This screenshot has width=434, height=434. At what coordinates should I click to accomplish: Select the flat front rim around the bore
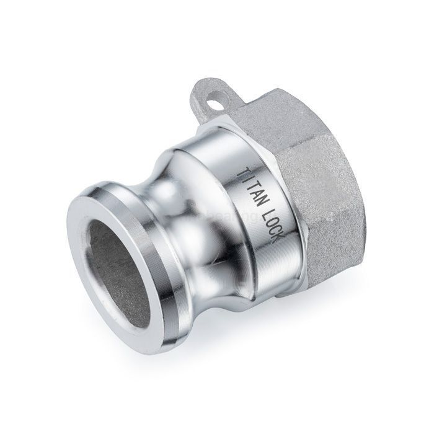[93, 205]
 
